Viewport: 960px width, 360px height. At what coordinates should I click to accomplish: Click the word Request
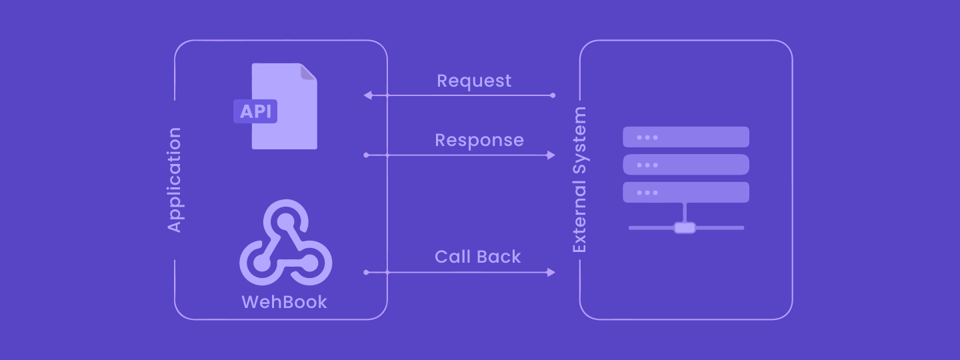tap(474, 81)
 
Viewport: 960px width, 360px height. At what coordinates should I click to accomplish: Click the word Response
tap(479, 140)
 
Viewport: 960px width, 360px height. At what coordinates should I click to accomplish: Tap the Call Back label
tap(477, 257)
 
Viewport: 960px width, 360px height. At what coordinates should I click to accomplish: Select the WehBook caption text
tap(284, 302)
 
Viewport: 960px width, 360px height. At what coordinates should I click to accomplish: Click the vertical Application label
tap(174, 180)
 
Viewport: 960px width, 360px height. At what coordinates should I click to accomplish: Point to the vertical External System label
tap(580, 180)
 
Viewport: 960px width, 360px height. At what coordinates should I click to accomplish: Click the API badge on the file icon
tap(255, 111)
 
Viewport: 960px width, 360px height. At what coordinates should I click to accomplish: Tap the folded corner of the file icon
tap(308, 72)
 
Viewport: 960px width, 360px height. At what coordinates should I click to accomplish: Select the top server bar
tap(685, 137)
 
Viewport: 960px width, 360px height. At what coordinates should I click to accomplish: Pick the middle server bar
tap(685, 165)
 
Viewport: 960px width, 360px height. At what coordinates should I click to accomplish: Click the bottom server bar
tap(685, 192)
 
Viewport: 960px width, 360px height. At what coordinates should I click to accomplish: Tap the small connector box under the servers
tap(685, 228)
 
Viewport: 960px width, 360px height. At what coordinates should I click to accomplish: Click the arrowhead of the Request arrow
tap(368, 95)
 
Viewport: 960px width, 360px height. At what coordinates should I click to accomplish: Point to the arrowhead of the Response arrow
tap(551, 155)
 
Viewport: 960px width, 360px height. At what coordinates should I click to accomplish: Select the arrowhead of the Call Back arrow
tap(551, 272)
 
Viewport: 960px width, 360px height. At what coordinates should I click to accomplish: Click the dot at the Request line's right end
tap(553, 95)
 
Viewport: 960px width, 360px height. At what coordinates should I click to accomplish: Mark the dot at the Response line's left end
tap(366, 155)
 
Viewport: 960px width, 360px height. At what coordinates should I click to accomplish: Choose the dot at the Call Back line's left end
tap(366, 272)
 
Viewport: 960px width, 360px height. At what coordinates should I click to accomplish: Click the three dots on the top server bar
tap(647, 137)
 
